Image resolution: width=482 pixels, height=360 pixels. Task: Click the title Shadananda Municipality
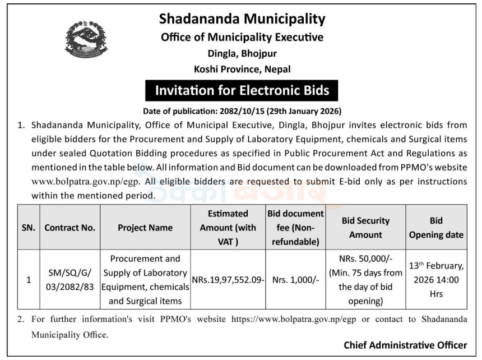coord(242,19)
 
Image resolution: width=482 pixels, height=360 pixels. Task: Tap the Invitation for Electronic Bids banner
coord(242,90)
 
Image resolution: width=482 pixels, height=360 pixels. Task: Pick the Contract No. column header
coord(70,228)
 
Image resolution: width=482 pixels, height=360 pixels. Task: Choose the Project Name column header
coord(145,228)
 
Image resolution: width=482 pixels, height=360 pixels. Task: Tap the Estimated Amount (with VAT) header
coord(228,228)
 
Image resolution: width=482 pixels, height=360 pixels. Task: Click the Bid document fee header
coord(295,228)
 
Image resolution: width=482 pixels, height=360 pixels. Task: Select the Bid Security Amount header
coord(365,228)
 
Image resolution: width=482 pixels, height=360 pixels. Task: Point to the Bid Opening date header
coord(436,228)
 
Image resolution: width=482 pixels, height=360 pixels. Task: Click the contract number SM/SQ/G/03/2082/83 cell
coord(70,280)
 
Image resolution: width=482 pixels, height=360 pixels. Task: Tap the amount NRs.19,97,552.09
coord(228,280)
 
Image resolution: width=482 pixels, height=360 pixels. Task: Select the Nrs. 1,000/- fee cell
coord(295,280)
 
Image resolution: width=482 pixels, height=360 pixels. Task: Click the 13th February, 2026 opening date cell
coord(436,280)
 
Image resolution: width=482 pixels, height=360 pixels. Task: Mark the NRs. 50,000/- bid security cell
coord(365,280)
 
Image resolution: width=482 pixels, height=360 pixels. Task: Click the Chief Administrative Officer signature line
coord(405,345)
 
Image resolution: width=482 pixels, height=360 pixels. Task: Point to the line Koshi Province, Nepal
coord(242,70)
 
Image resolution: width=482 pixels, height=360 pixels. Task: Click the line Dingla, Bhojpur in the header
coord(242,54)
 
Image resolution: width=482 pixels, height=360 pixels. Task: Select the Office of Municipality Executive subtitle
coord(242,38)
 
